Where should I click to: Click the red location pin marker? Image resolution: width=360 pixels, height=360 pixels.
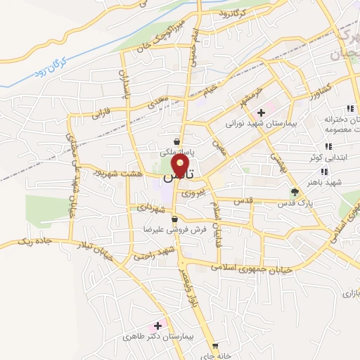pyautogui.click(x=181, y=167)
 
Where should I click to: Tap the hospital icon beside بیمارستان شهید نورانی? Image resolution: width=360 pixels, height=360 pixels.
pyautogui.click(x=261, y=112)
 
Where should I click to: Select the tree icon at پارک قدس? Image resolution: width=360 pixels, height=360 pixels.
pyautogui.click(x=295, y=191)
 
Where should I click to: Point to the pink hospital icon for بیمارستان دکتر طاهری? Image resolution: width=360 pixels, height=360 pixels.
pyautogui.click(x=157, y=325)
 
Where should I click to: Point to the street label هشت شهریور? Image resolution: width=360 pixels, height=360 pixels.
pyautogui.click(x=120, y=172)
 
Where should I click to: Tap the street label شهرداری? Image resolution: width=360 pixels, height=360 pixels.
pyautogui.click(x=150, y=210)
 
